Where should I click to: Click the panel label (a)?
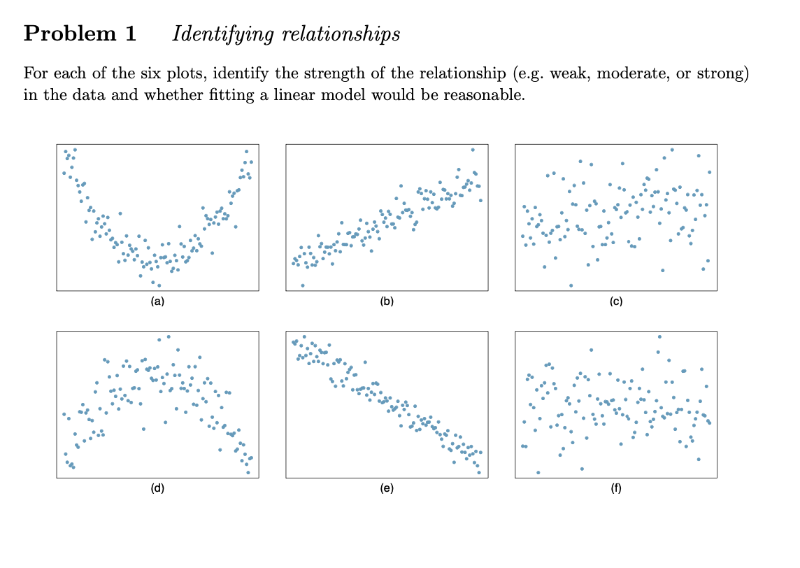point(157,301)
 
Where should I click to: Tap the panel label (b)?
point(387,301)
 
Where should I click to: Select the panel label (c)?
point(615,301)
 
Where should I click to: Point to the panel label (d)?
point(157,489)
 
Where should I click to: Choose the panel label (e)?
point(387,489)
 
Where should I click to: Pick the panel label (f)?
point(615,489)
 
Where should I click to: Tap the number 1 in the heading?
point(129,34)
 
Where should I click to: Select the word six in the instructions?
point(139,73)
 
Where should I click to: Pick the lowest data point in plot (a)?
point(159,285)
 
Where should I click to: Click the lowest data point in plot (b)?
point(302,285)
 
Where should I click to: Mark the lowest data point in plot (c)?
point(571,285)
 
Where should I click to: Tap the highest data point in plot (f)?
point(659,337)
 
